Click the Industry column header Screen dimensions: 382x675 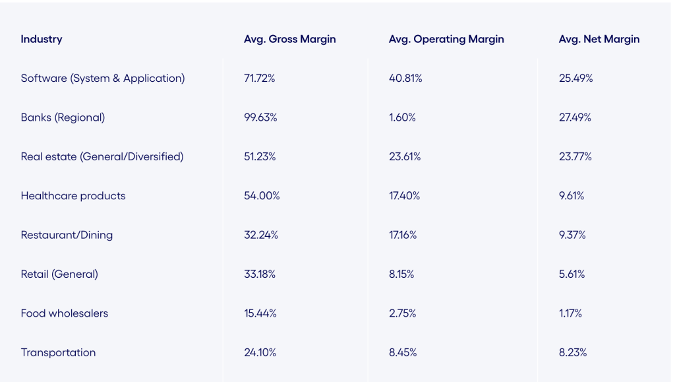[42, 39]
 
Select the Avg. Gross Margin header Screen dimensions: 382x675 [289, 39]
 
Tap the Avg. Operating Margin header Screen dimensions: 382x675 [446, 39]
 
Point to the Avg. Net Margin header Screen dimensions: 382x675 [599, 39]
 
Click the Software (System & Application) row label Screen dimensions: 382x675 [103, 78]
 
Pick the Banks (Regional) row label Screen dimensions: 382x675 [63, 117]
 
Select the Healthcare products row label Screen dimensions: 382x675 [73, 196]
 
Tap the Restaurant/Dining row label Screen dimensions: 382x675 [67, 235]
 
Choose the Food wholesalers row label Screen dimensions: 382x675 [65, 313]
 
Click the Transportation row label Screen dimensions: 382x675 [58, 352]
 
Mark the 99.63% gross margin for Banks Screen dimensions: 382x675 [260, 117]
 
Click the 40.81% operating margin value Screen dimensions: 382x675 [405, 78]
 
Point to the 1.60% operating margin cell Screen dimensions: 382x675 [402, 117]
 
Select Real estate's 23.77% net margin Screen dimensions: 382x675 [575, 156]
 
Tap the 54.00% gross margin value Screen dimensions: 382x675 [262, 196]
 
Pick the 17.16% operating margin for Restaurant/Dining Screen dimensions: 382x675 [403, 235]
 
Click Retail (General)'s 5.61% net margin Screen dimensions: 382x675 [572, 274]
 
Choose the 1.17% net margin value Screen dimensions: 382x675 [570, 313]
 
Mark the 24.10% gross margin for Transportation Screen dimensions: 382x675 [260, 352]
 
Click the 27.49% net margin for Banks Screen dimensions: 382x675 [575, 117]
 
